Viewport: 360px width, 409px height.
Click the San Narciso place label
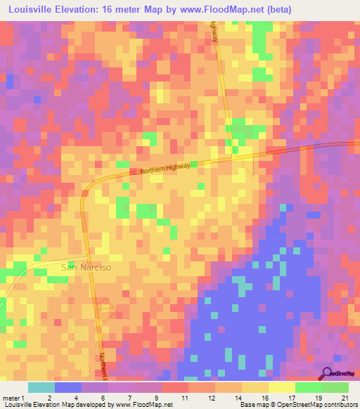[x=87, y=267]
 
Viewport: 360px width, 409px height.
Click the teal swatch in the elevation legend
[x=41, y=387]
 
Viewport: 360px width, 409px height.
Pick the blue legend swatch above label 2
[x=68, y=387]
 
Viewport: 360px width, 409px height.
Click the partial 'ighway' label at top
[x=214, y=32]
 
